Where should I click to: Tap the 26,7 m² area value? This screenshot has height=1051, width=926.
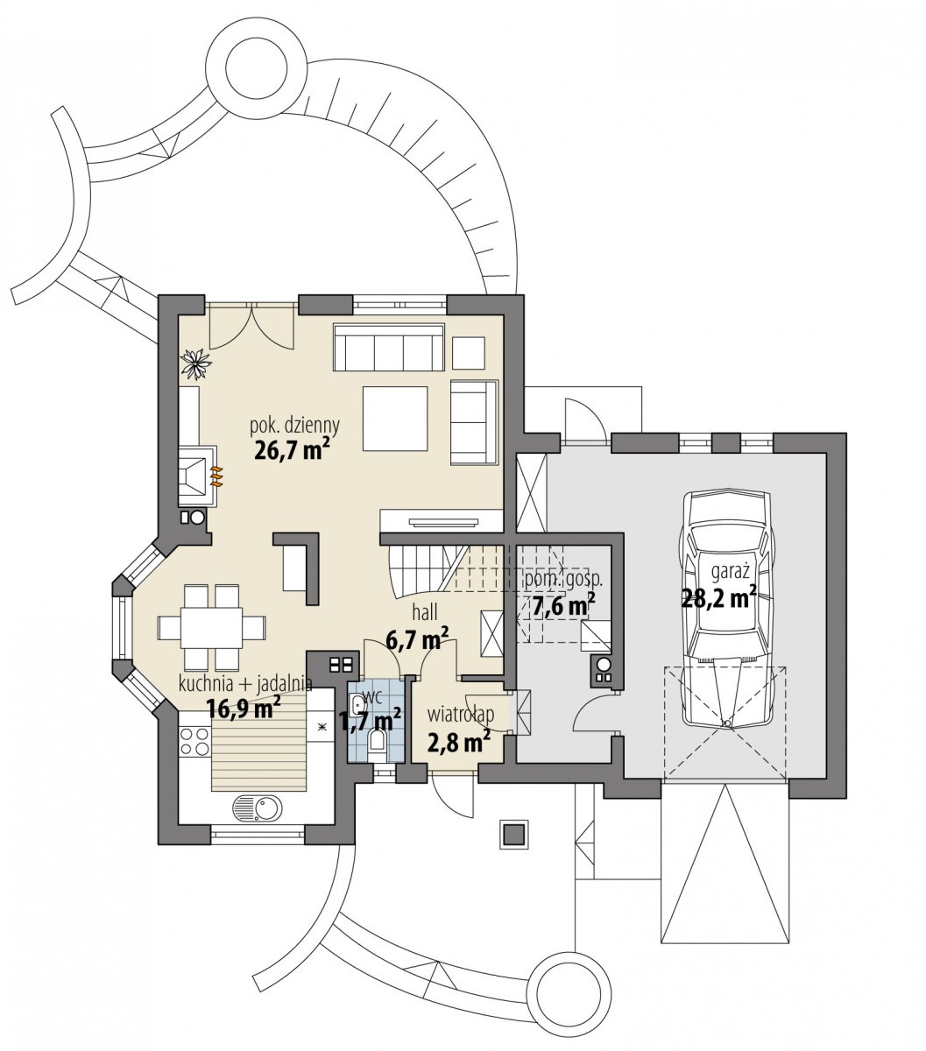(293, 449)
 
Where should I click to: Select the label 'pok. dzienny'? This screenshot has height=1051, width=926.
(295, 426)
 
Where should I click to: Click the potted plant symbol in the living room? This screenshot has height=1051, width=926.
(196, 363)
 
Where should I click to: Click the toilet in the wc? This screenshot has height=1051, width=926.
(376, 745)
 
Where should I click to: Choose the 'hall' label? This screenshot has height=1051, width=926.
(425, 613)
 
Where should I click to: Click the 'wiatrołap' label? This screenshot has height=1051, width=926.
(461, 715)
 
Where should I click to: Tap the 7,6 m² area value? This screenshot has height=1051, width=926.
(562, 605)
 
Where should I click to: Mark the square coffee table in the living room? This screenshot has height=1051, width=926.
(395, 419)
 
